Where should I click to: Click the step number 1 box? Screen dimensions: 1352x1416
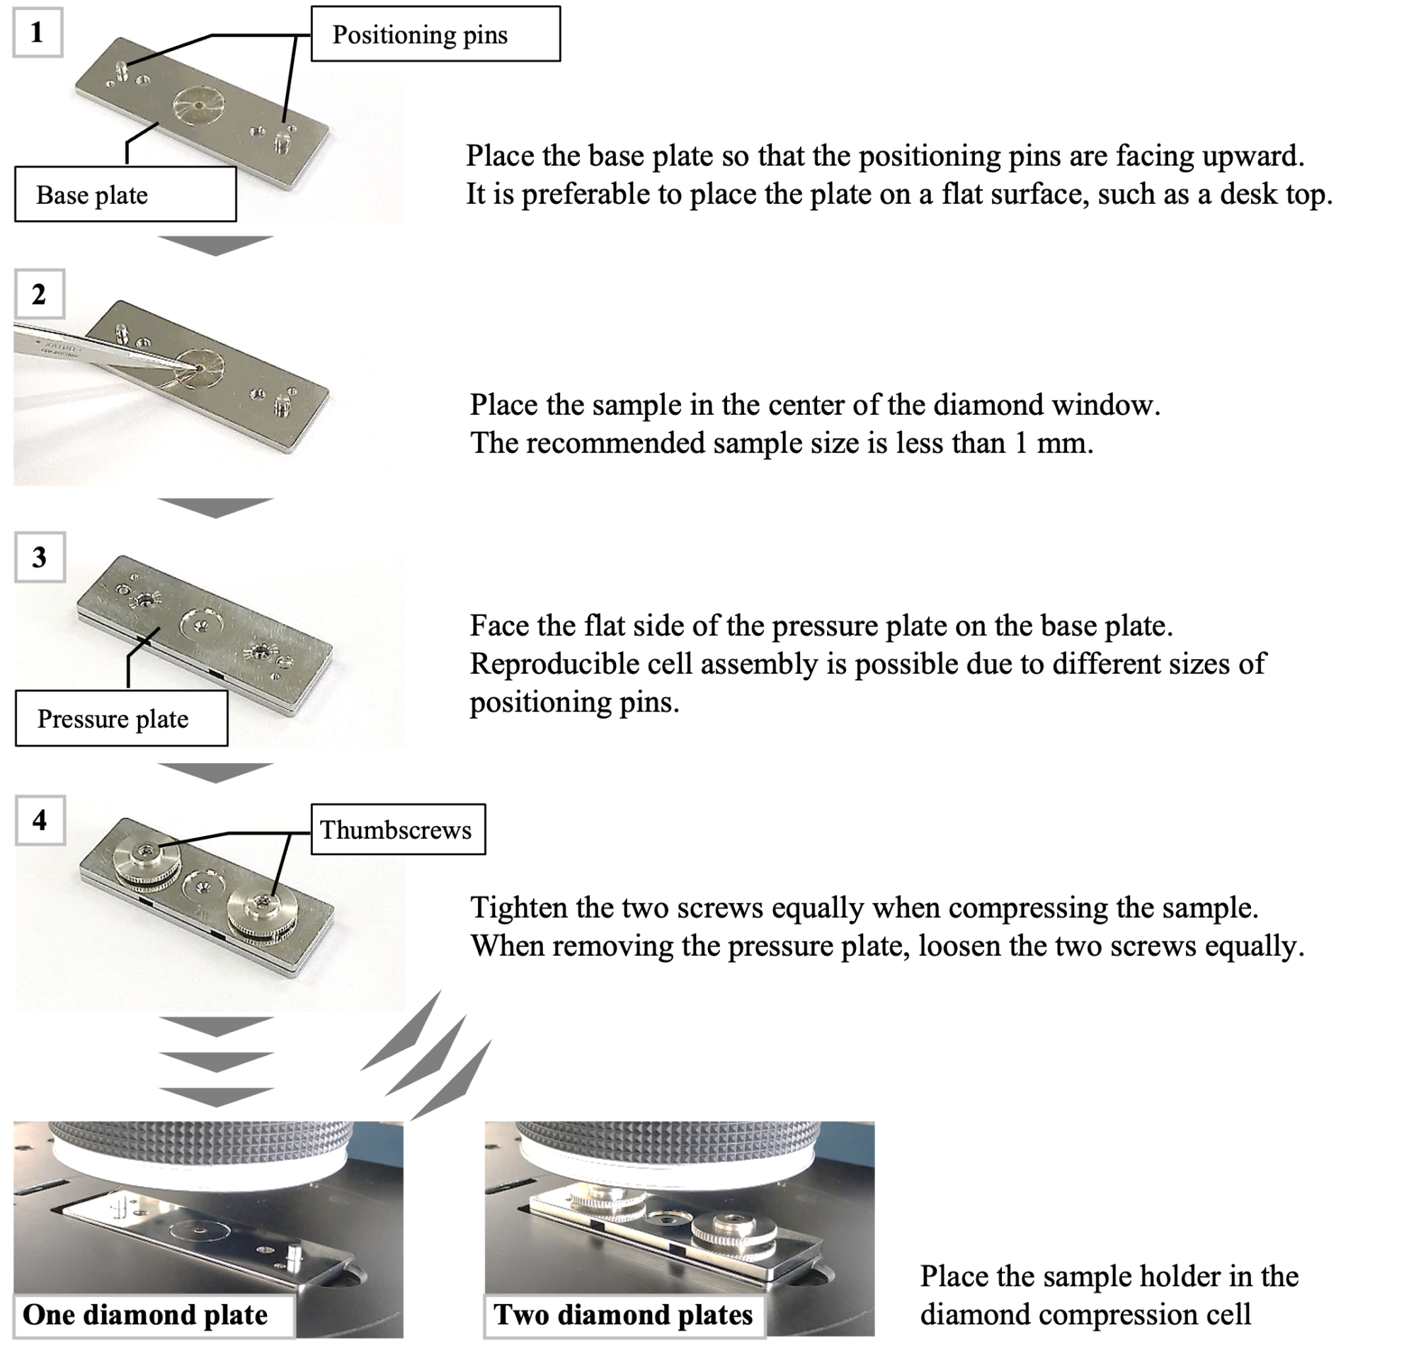(37, 33)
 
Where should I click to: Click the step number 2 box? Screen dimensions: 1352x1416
(39, 294)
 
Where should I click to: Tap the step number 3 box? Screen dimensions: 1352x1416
(39, 557)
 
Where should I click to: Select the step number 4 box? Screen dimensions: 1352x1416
(39, 820)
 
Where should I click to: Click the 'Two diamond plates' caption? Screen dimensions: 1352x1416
(623, 1314)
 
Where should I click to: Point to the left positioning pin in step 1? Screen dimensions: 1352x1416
(122, 70)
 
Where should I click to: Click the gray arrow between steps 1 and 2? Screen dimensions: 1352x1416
(215, 246)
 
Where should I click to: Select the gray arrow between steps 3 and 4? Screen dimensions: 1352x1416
(215, 772)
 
